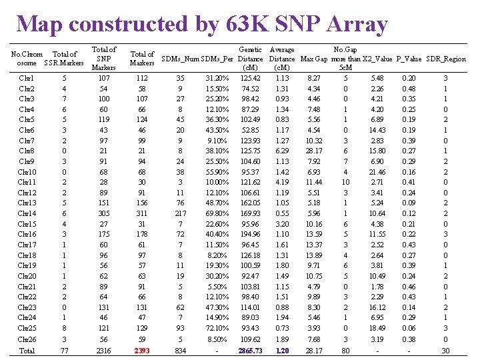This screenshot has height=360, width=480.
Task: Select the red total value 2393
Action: [142, 350]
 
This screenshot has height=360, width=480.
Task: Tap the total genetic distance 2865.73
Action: [251, 350]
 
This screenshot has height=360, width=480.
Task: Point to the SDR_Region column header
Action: [445, 59]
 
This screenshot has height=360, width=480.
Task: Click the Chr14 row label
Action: [27, 213]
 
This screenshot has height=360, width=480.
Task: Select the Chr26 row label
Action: [27, 339]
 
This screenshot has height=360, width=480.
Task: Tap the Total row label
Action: [27, 350]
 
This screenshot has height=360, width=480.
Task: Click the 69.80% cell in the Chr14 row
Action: [212, 213]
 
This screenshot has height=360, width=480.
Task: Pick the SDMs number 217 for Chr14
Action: [180, 213]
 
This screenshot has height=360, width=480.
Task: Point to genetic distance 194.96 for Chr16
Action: [251, 235]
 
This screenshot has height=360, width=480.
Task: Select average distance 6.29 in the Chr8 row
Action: [282, 151]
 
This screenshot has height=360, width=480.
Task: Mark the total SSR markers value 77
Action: [64, 350]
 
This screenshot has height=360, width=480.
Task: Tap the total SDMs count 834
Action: [180, 350]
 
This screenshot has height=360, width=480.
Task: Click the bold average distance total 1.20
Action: [282, 350]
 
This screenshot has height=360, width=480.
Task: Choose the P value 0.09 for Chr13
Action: [409, 203]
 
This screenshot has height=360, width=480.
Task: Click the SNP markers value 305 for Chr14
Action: [103, 213]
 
